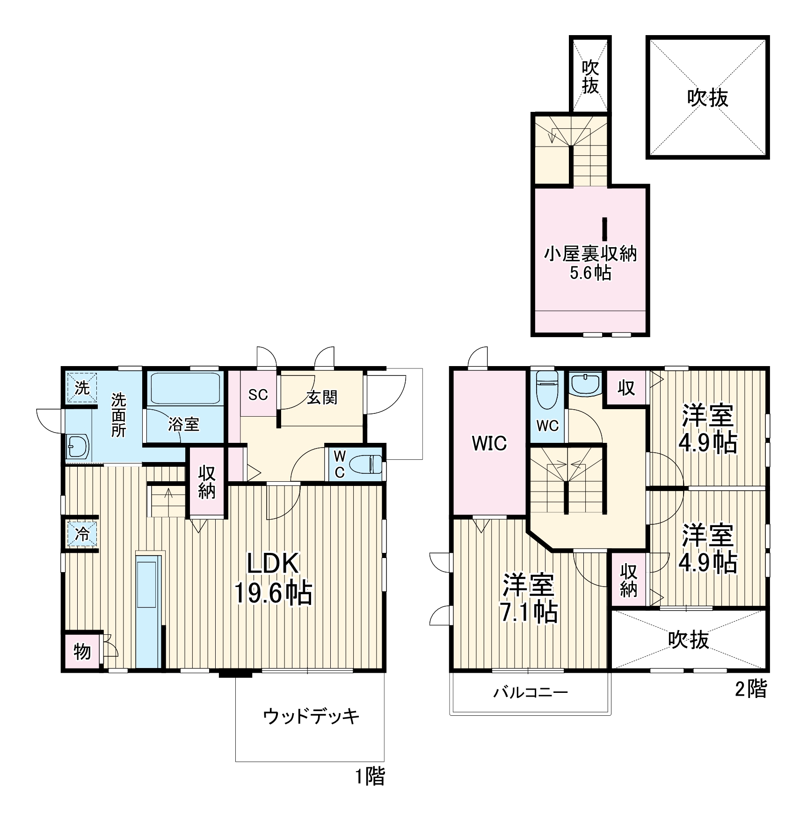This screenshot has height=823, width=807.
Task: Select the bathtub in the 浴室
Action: point(186,389)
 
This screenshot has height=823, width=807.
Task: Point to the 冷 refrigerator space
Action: point(82,534)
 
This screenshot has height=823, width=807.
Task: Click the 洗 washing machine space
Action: point(82,387)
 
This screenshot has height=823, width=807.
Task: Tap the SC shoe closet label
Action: point(258,395)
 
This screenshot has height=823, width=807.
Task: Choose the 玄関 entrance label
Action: point(322,397)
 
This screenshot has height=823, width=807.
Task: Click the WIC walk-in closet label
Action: point(489,443)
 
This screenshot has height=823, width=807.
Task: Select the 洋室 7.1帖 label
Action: point(529,598)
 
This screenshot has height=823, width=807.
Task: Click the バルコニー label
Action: point(531,692)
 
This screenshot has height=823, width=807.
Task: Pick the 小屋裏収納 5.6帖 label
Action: point(590,263)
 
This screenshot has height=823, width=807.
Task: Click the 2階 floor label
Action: point(751,689)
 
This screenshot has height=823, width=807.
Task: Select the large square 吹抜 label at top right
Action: point(707,98)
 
